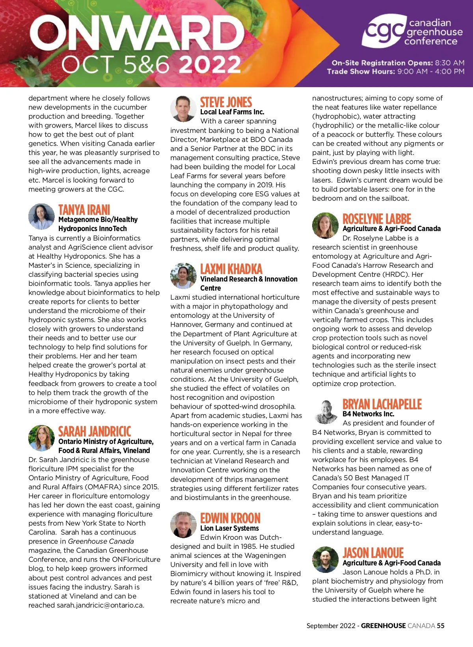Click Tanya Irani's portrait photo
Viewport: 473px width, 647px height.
pos(41,216)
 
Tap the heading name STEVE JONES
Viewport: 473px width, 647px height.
pos(226,103)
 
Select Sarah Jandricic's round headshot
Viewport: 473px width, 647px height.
pos(41,438)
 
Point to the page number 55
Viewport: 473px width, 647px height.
pos(440,626)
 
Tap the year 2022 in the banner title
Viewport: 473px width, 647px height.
pos(209,64)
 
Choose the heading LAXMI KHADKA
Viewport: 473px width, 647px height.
pos(231,269)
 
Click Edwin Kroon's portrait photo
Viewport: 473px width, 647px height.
pos(183,525)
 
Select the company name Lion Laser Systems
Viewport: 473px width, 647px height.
pos(229,528)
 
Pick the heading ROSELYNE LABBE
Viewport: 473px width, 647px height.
pos(376,219)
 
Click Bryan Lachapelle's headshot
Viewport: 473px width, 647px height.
pos(326,412)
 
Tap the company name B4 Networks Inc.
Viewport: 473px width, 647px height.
pos(368,414)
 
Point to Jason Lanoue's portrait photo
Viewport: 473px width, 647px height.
pos(325,559)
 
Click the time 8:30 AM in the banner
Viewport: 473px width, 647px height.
pos(450,63)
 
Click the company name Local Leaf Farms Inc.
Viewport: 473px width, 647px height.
pos(232,112)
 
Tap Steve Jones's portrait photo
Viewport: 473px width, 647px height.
pos(183,108)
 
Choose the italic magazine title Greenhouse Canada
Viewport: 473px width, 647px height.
pos(101,541)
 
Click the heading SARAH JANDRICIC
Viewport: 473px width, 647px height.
pos(95,431)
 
